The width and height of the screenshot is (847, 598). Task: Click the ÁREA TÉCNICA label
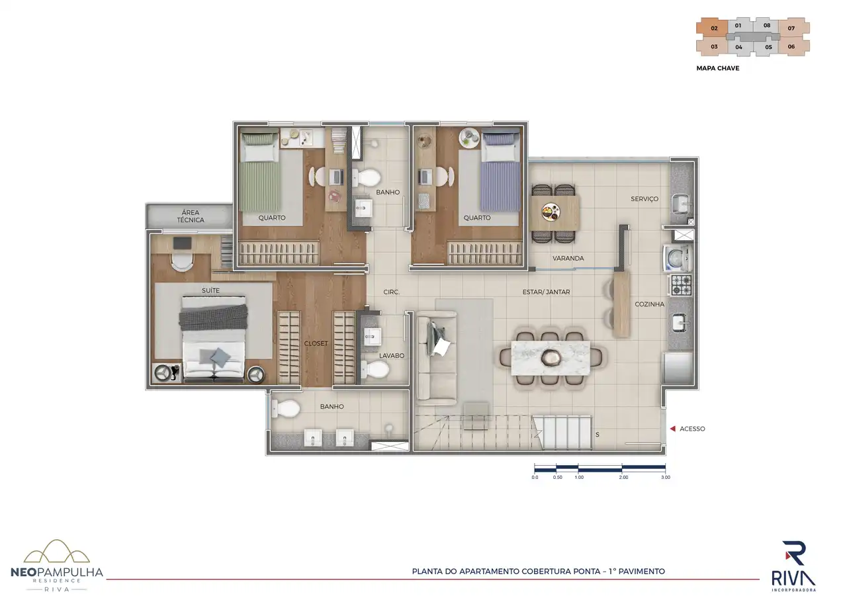pyautogui.click(x=191, y=216)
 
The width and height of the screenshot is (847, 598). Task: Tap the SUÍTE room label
pyautogui.click(x=210, y=290)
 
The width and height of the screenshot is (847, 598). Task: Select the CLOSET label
pyautogui.click(x=316, y=343)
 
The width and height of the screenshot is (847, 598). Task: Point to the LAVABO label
pyautogui.click(x=392, y=356)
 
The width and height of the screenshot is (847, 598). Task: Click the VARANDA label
pyautogui.click(x=568, y=258)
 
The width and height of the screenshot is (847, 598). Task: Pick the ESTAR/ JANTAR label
pyautogui.click(x=547, y=292)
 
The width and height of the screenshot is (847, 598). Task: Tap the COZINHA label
pyautogui.click(x=650, y=304)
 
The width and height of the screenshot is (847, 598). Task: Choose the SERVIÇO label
pyautogui.click(x=645, y=199)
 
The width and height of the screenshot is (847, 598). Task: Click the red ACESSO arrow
pyautogui.click(x=673, y=429)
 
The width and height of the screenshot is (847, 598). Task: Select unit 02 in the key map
pyautogui.click(x=713, y=28)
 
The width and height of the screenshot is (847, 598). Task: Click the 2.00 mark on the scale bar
pyautogui.click(x=623, y=478)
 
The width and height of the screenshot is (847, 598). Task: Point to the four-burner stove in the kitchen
pyautogui.click(x=682, y=285)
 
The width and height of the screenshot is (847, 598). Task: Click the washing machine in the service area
pyautogui.click(x=677, y=258)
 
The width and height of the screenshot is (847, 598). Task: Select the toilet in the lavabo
pyautogui.click(x=375, y=369)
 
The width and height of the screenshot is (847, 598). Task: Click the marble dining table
pyautogui.click(x=551, y=358)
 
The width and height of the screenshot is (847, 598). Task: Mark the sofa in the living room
pyautogui.click(x=437, y=356)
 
